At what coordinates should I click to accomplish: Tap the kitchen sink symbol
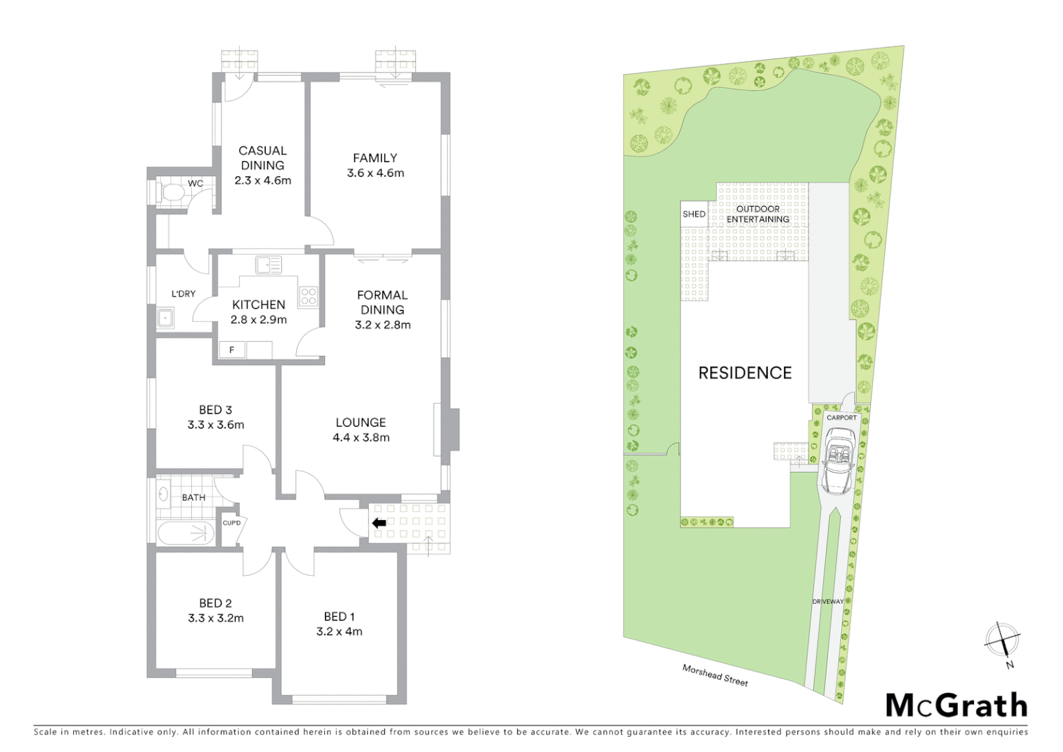268,265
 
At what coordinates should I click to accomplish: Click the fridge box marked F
232,350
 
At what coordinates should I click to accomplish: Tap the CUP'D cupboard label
232,523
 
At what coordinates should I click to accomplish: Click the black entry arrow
380,524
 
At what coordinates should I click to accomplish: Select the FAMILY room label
375,158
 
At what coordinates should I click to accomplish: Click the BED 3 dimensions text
216,425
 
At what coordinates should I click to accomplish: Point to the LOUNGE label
360,423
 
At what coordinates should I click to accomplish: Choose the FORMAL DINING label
382,302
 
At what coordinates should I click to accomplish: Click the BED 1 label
339,617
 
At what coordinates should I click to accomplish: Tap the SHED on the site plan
694,214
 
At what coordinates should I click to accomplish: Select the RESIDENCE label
745,373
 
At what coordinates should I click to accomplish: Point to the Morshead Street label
715,675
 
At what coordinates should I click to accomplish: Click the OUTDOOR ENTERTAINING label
758,214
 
